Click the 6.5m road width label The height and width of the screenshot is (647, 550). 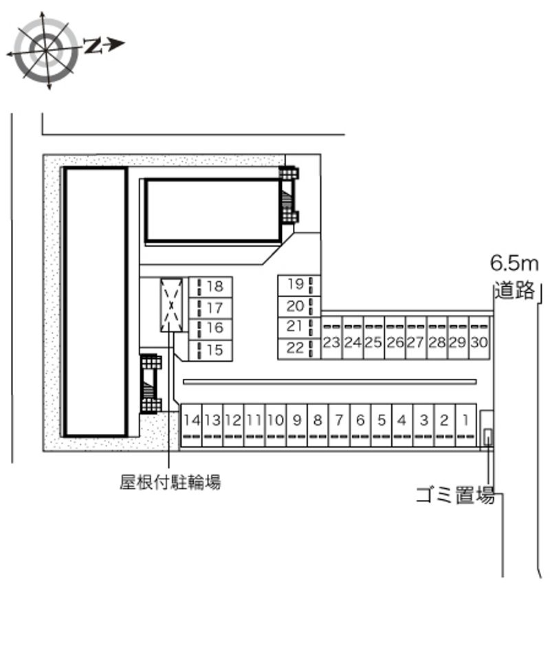coord(514,263)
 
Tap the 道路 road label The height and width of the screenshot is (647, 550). coord(514,290)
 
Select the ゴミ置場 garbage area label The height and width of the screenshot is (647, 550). coord(455,494)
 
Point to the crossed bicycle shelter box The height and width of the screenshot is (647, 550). coord(172,305)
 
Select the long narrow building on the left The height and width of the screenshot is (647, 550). coord(96,301)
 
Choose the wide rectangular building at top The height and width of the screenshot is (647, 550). coord(212,210)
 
